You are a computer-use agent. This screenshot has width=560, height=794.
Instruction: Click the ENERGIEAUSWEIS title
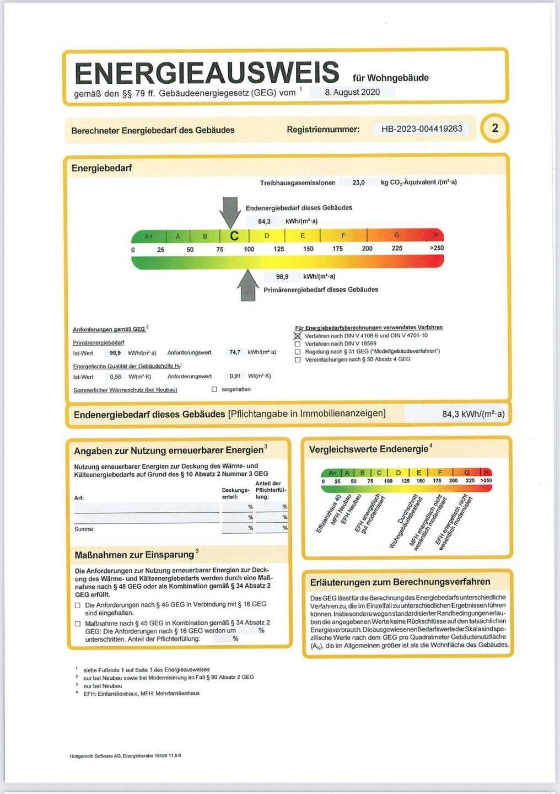coord(207,73)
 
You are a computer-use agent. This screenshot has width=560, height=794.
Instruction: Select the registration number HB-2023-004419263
coord(422,129)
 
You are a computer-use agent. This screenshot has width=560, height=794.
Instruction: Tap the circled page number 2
coord(494,128)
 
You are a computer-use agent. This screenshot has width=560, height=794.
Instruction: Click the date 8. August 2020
coord(352,93)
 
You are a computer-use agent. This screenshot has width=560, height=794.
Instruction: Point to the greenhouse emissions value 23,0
coord(358,183)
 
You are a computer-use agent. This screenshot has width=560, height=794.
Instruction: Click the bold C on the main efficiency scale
coord(234,236)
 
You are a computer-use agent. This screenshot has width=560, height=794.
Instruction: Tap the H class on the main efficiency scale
coord(435,235)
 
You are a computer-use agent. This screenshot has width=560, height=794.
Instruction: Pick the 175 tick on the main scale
coord(337,249)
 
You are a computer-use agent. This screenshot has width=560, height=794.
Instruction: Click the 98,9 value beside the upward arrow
coord(282,277)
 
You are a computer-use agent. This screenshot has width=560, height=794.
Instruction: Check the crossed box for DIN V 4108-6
coord(298,336)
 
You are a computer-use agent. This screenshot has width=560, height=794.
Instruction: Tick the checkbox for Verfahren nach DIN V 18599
coord(298,344)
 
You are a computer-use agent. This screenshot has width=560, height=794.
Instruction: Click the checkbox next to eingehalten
coord(214,390)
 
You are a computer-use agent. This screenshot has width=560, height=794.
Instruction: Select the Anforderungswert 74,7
coord(235,352)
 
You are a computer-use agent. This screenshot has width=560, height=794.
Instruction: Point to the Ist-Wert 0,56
coord(115,377)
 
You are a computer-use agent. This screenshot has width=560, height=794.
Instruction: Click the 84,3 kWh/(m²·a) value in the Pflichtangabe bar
coord(473,414)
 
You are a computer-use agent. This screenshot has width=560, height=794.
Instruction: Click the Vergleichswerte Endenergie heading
coord(368,449)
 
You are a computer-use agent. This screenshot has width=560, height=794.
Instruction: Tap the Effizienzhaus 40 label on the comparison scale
coord(329,514)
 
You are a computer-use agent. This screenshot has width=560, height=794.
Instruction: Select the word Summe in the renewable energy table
coord(84,529)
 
